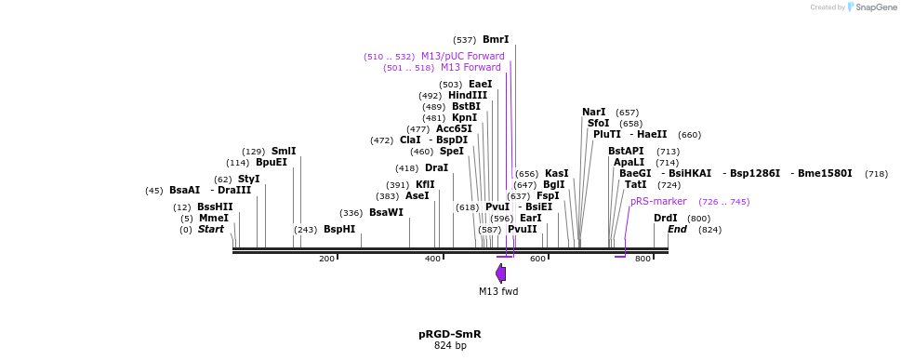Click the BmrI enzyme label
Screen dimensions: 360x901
click(x=496, y=40)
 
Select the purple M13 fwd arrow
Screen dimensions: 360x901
click(x=501, y=273)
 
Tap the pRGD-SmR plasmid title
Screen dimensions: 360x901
click(x=449, y=334)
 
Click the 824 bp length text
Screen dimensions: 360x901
click(x=450, y=346)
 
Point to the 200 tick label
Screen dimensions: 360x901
click(x=326, y=259)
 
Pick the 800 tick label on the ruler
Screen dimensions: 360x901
click(x=643, y=259)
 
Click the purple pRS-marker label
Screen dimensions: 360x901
click(x=658, y=201)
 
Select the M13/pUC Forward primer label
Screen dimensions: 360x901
click(x=462, y=56)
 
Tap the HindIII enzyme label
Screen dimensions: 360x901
click(x=468, y=95)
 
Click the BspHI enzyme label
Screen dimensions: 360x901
click(x=339, y=229)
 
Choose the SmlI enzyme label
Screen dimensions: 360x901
click(x=284, y=151)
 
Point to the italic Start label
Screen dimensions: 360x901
click(x=210, y=229)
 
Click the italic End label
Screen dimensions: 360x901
click(x=677, y=229)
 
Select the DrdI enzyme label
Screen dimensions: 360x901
click(x=665, y=218)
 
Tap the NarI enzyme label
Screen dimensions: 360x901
click(x=593, y=112)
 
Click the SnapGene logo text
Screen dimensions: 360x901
click(x=872, y=7)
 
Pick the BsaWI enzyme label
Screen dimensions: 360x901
click(x=386, y=212)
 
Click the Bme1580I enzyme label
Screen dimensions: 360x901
click(x=824, y=173)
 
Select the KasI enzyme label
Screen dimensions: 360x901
click(x=556, y=173)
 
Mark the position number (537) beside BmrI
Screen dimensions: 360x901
click(x=464, y=40)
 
